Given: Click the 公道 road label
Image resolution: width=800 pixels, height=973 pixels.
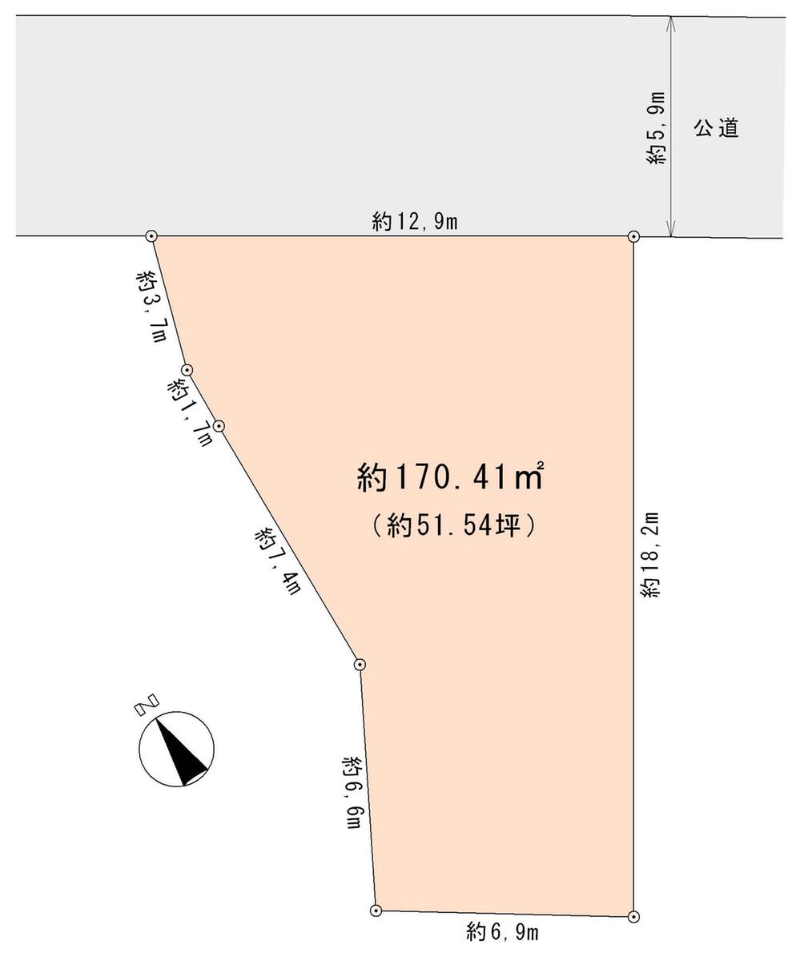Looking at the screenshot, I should coord(716,128).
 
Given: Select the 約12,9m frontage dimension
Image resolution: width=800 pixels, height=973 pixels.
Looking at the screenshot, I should coord(414,222).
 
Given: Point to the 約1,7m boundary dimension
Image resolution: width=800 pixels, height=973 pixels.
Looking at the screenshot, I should coord(191,412).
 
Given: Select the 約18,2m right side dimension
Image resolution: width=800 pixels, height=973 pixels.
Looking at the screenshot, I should coord(649,554).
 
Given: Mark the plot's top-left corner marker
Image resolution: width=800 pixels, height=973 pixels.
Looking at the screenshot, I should coord(151,236).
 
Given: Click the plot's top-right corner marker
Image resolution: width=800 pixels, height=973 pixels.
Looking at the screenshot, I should coord(633,236).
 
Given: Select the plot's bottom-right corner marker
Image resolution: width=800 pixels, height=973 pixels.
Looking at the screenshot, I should coord(633,916).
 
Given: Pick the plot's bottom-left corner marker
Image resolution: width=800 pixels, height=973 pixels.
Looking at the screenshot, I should coord(376,910).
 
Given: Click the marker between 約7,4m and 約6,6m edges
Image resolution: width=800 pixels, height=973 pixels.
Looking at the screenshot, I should coord(360,664).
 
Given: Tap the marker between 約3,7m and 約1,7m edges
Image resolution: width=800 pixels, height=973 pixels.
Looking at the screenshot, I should coord(187,370).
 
